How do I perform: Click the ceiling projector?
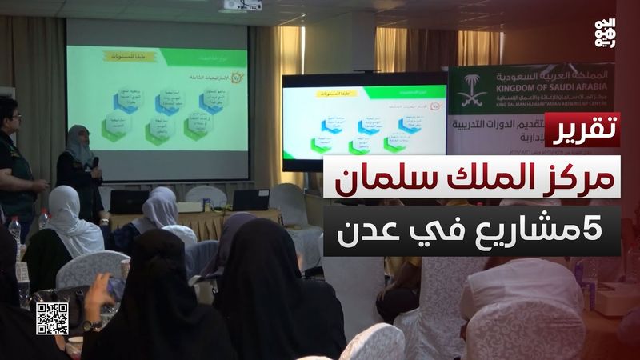[242, 5]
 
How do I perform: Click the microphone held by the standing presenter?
[95, 162]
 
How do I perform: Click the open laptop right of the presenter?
[250, 199]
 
